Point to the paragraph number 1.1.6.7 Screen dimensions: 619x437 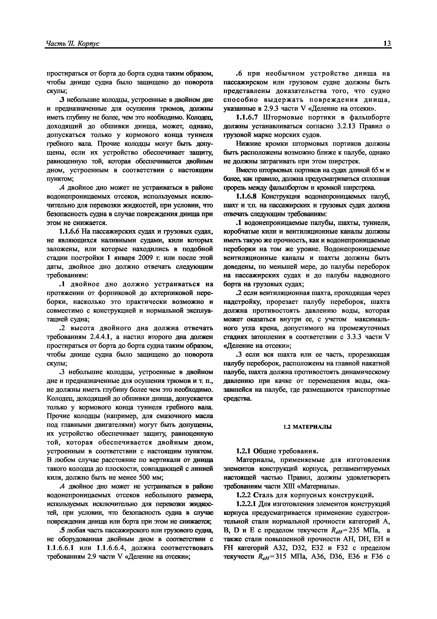(247, 117)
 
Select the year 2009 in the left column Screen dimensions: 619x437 (146, 258)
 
